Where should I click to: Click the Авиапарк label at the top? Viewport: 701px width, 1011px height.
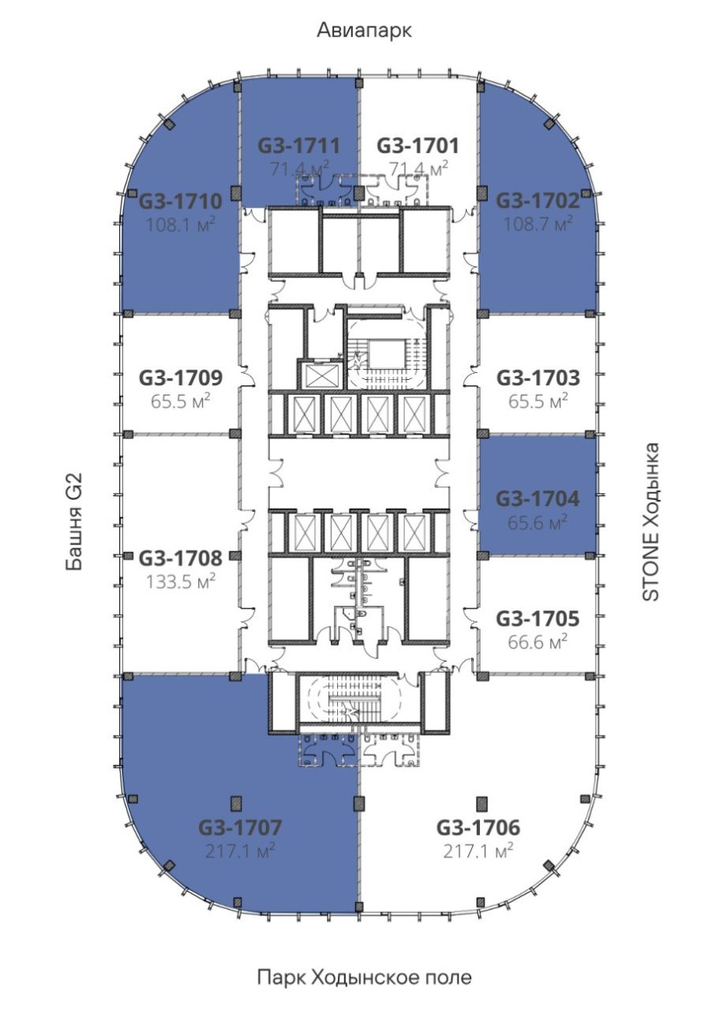coord(364,31)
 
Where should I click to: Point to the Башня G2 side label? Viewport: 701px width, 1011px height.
coord(74,522)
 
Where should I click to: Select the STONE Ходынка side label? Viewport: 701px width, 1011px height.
coord(650,522)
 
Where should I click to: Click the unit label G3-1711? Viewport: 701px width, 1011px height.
coord(298,145)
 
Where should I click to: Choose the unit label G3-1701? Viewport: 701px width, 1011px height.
coord(418,145)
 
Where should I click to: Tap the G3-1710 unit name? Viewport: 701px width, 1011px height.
coord(180,201)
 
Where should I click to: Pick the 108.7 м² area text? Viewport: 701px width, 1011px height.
coord(538,224)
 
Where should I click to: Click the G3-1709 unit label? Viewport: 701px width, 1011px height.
coord(181,378)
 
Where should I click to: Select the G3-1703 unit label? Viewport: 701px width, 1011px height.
coord(538,378)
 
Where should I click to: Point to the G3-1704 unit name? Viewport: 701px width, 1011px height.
coord(538,498)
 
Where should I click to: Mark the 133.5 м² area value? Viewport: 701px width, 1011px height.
coord(180,581)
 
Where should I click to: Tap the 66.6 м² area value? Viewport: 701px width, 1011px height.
coord(538,641)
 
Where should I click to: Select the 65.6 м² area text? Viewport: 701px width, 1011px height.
coord(538,522)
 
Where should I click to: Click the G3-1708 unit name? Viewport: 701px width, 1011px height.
coord(181,558)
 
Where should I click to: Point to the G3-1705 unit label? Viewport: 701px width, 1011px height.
coord(538,618)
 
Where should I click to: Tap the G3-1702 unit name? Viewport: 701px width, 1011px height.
coord(538,201)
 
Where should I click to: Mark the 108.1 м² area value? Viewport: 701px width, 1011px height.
coord(180,224)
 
